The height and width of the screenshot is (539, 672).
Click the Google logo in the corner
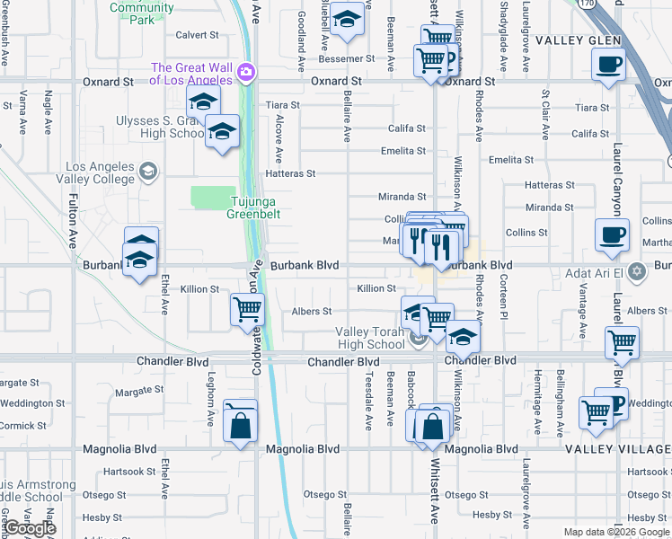(30, 528)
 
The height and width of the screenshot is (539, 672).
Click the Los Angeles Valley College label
(88, 172)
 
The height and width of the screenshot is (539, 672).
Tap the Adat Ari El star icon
(637, 270)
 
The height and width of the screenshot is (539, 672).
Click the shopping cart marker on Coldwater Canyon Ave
(247, 309)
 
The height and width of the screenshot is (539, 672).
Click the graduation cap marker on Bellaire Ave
(347, 20)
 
